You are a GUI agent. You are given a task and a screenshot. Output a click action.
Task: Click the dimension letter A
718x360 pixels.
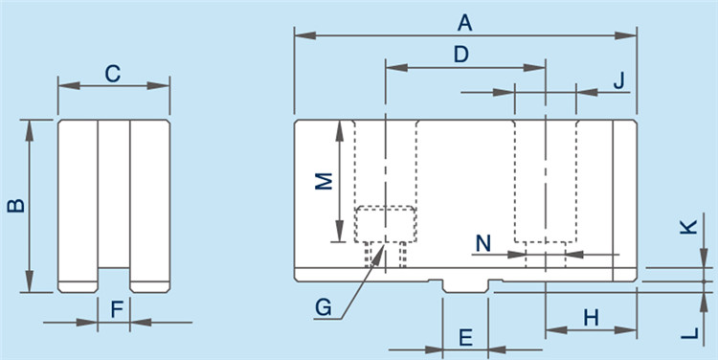pyautogui.click(x=464, y=23)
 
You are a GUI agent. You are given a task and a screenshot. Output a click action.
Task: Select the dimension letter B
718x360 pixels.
pyautogui.click(x=16, y=206)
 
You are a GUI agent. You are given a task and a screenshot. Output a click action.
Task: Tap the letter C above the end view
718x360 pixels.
pyautogui.click(x=113, y=74)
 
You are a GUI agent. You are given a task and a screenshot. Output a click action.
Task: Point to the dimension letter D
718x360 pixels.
pyautogui.click(x=461, y=55)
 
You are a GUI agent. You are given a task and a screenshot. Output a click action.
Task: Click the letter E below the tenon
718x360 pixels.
pyautogui.click(x=465, y=338)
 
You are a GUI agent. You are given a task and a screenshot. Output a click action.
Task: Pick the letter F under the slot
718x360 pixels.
pyautogui.click(x=117, y=310)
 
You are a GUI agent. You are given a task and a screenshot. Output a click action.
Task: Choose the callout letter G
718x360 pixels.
pyautogui.click(x=324, y=307)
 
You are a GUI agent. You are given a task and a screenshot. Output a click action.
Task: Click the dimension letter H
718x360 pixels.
pyautogui.click(x=592, y=318)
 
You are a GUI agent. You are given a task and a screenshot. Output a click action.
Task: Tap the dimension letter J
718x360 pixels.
pyautogui.click(x=618, y=81)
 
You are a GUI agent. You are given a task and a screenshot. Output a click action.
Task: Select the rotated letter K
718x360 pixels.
pyautogui.click(x=688, y=227)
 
